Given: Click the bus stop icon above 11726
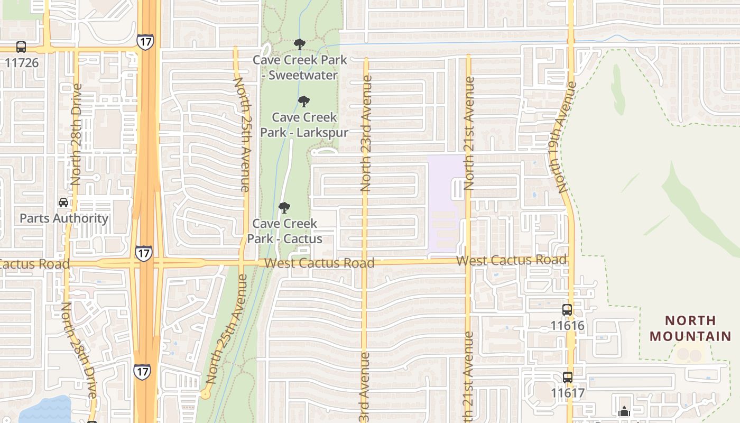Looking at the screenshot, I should [x=21, y=47].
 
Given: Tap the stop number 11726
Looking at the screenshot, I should [x=22, y=62].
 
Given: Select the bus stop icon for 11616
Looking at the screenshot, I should [x=567, y=310].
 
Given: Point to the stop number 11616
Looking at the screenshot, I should [x=568, y=325].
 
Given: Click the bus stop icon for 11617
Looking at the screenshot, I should [x=567, y=378].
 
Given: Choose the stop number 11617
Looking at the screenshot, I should [x=568, y=393].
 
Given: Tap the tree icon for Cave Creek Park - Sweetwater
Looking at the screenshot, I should [x=300, y=44].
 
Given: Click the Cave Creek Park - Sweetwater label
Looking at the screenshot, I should [x=300, y=67].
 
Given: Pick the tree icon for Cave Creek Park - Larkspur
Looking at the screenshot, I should [x=303, y=102].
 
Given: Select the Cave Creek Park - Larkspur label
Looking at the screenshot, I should [x=304, y=124].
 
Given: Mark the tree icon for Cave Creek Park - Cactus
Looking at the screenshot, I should [x=284, y=208].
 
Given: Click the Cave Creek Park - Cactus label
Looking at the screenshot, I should [x=285, y=231].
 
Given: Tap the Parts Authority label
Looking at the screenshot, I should [x=64, y=218].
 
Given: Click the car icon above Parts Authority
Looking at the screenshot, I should [x=63, y=203].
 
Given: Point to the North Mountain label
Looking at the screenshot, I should [x=690, y=328].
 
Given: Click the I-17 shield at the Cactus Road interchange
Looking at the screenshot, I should [x=143, y=253].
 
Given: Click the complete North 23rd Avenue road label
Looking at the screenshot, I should [x=366, y=133].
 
